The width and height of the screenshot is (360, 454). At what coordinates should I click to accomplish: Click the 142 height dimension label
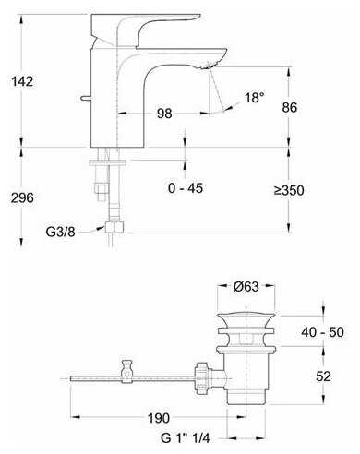coord(22,81)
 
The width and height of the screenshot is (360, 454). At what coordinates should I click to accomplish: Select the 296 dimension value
coord(22,197)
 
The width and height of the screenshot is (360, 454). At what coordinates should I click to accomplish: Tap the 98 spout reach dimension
coord(164,113)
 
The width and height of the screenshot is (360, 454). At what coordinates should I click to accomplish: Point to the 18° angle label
coord(254,98)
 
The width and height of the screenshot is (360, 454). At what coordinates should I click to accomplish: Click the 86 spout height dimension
coord(289,107)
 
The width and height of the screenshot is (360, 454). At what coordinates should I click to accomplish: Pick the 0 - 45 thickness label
coord(186,188)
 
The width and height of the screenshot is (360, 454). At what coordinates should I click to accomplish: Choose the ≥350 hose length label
coord(289,190)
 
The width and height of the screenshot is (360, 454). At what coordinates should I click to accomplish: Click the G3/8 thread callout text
coord(60,232)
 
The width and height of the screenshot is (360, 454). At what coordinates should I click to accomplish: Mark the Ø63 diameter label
coord(246,287)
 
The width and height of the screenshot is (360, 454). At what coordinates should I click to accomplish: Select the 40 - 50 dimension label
coord(322,332)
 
